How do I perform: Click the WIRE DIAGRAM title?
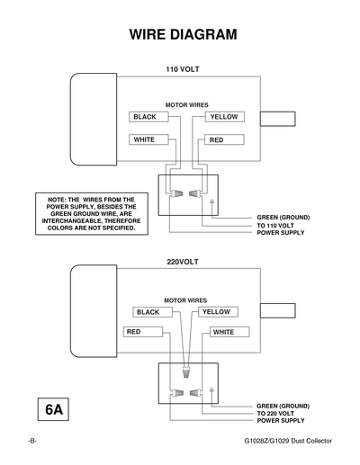tap(184, 35)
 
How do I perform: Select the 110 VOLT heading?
tap(183, 69)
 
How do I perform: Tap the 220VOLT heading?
tap(183, 264)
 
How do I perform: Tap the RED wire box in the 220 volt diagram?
tap(143, 332)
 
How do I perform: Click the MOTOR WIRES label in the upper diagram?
tap(187, 104)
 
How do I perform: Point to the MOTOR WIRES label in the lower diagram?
tap(185, 300)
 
